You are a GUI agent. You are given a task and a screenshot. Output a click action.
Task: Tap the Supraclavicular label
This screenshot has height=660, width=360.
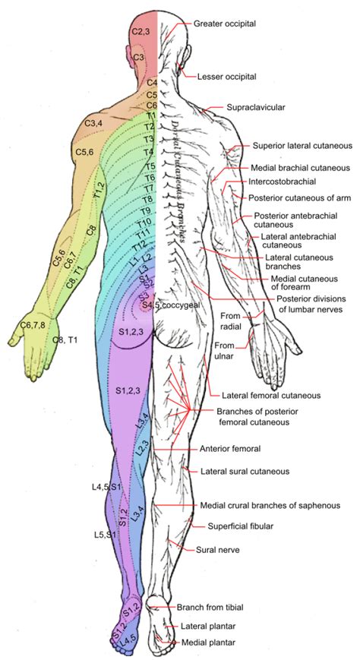click(x=255, y=109)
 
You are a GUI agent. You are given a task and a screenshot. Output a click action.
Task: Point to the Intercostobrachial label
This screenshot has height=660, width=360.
click(x=282, y=182)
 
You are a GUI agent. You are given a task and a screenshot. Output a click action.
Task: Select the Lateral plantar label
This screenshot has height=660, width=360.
click(x=210, y=627)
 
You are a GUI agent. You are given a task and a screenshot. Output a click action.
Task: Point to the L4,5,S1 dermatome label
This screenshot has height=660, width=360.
click(x=105, y=486)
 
